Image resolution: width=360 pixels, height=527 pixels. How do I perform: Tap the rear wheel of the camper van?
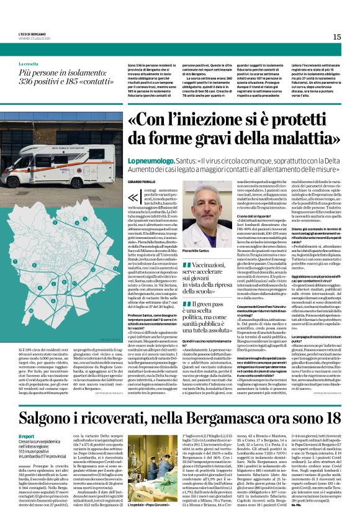pyautogui.click(x=76, y=183)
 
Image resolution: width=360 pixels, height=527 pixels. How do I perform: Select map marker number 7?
pyautogui.click(x=15, y=261)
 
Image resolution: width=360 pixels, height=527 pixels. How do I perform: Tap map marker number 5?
pyautogui.click(x=55, y=223)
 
